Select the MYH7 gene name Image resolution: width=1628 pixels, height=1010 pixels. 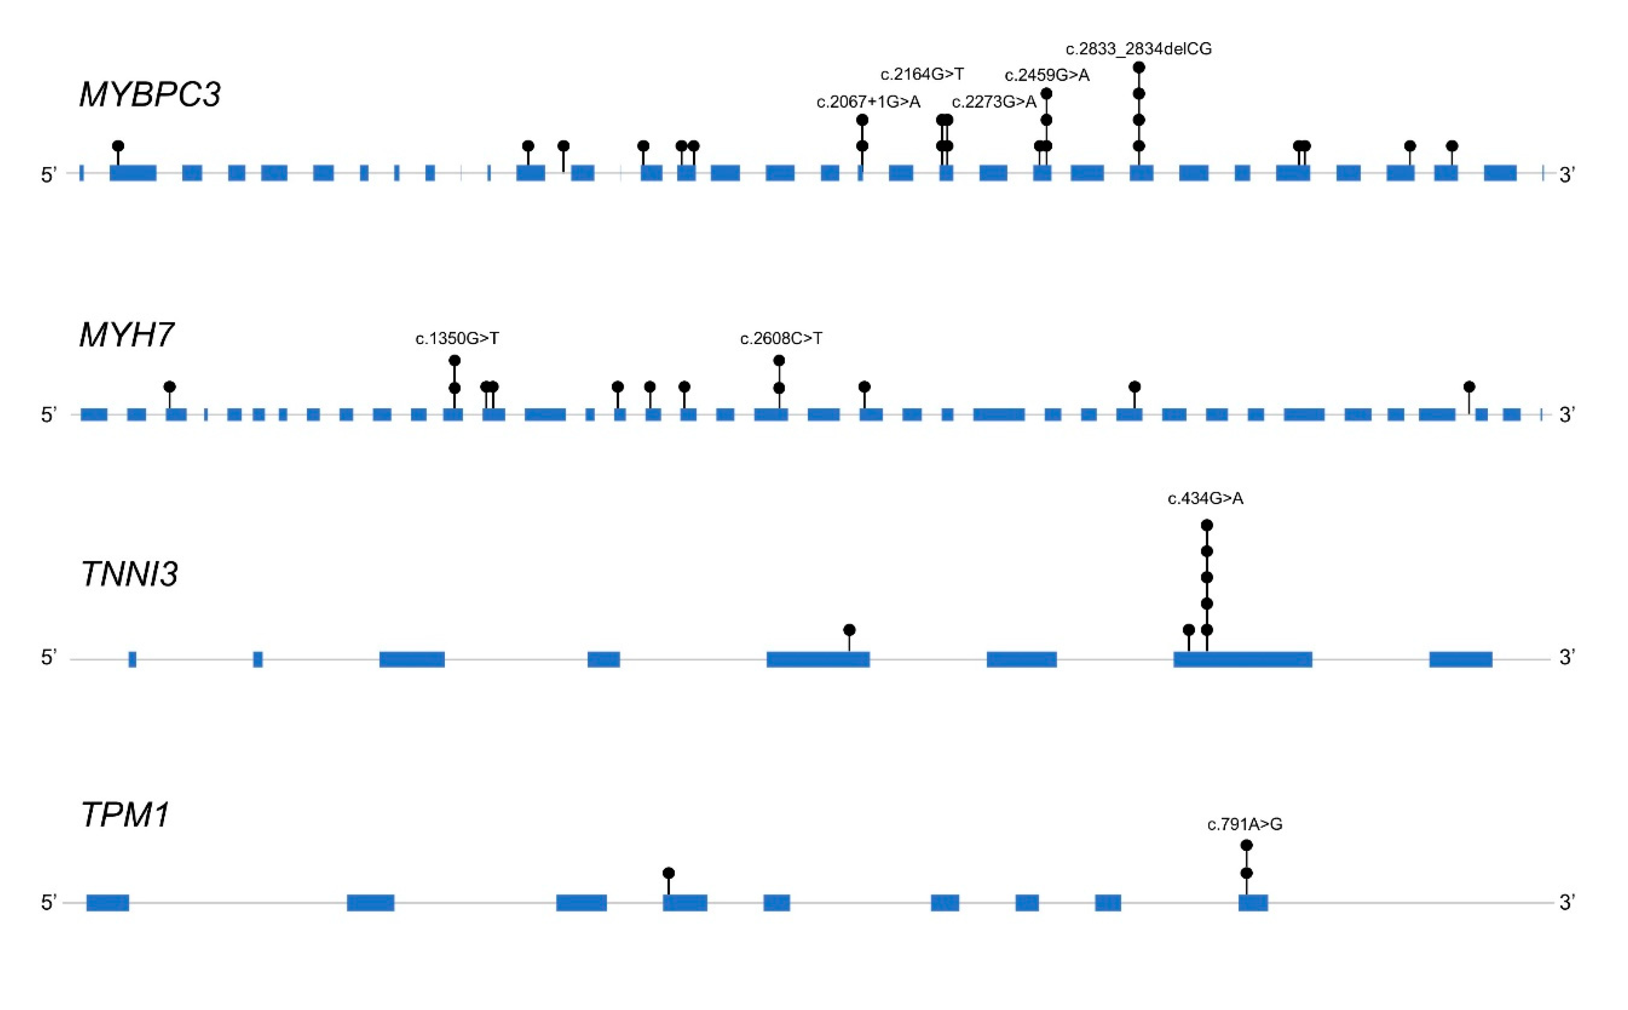pos(126,335)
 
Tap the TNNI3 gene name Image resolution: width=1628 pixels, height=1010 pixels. pos(129,574)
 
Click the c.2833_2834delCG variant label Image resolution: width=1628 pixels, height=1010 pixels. pos(1138,49)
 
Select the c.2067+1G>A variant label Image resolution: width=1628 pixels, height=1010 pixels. pos(868,102)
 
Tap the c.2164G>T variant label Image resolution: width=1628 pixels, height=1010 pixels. pos(922,74)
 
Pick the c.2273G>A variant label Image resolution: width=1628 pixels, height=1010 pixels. pos(994,102)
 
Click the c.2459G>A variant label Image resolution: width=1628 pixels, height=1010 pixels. pos(1046,75)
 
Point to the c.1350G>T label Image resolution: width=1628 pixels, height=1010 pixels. pos(457,339)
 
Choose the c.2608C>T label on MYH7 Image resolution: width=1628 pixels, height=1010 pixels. pos(781,339)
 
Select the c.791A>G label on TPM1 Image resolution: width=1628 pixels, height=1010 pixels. pos(1244,824)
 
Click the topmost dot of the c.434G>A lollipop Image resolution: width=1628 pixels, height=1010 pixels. pos(1206,525)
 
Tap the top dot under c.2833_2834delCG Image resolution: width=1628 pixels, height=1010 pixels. pos(1139,67)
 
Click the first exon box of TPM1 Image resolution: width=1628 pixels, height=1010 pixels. pos(108,902)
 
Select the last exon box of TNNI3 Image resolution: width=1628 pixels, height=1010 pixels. pos(1460,659)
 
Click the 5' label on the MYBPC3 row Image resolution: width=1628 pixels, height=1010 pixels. pos(49,175)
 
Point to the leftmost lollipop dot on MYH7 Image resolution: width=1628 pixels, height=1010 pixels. pos(170,387)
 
